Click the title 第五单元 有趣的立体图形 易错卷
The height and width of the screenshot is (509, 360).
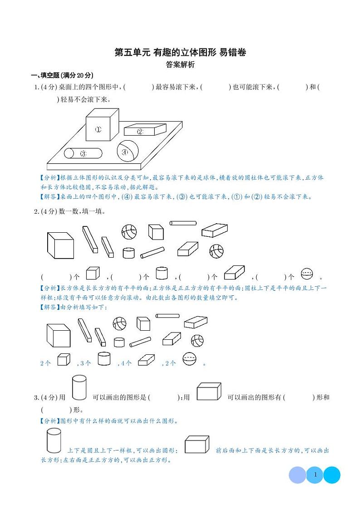click(x=180, y=53)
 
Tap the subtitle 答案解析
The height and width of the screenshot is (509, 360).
click(x=180, y=65)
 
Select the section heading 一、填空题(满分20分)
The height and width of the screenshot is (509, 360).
click(x=61, y=75)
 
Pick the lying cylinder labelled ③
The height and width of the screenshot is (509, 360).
click(x=83, y=153)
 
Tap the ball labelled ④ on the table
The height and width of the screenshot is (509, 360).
click(x=127, y=151)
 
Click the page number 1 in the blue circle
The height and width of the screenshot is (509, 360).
click(x=315, y=475)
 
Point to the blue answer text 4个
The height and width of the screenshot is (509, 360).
click(x=125, y=363)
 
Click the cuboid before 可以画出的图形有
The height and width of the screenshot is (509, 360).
click(x=209, y=392)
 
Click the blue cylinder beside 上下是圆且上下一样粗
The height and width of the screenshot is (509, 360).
click(x=54, y=441)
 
